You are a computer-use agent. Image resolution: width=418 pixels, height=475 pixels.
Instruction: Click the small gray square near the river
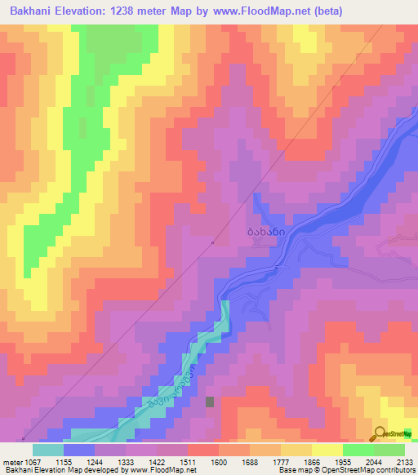click(210, 402)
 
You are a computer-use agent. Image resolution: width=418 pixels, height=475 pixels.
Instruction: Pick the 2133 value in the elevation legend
click(403, 461)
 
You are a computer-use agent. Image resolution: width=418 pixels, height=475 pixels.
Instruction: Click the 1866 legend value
click(310, 461)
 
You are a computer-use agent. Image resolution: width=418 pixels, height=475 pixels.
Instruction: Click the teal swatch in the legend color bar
click(48, 450)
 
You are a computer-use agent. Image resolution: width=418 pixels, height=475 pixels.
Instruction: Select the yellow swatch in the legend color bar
click(327, 450)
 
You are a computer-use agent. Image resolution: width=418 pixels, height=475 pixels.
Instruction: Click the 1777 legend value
click(279, 461)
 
